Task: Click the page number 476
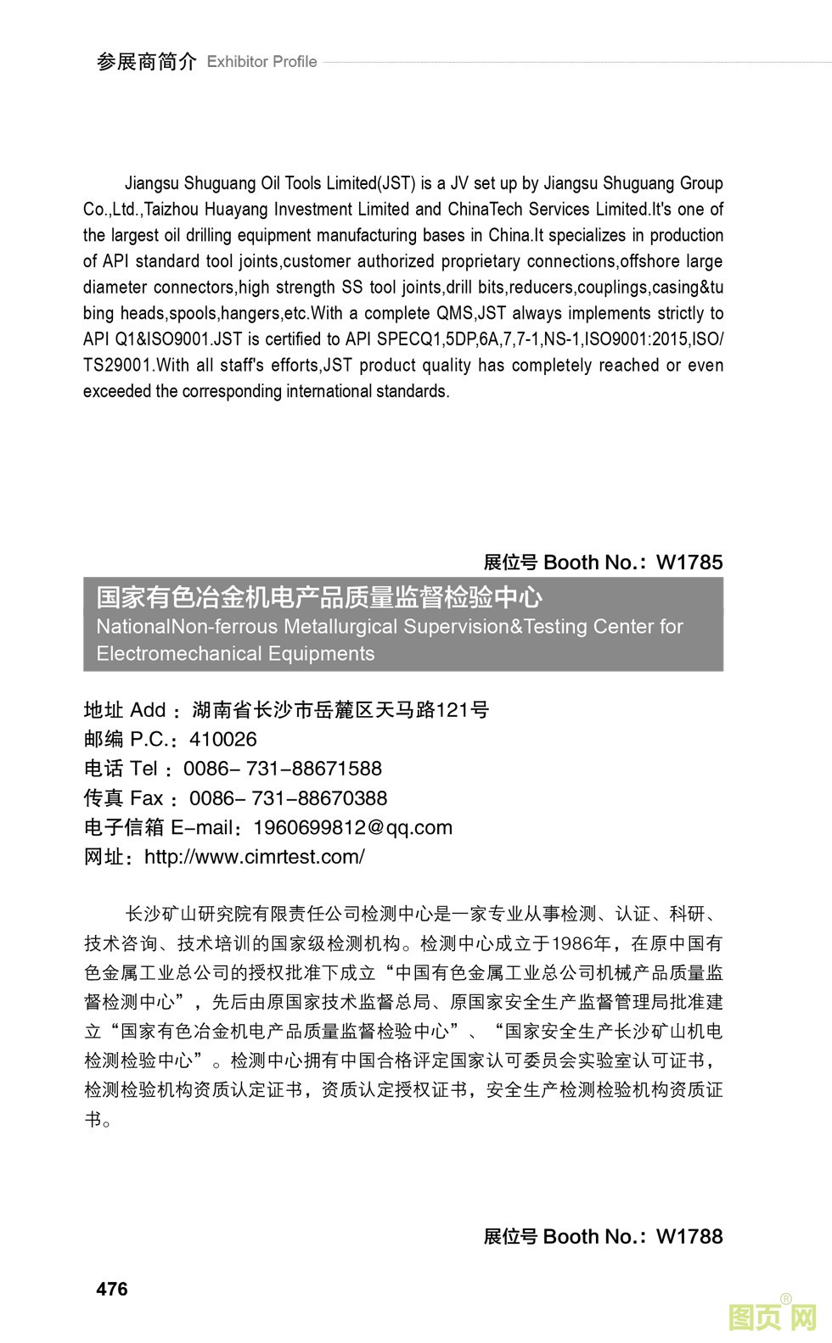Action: [x=112, y=1289]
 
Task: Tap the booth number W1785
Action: [x=689, y=562]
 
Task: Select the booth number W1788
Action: [x=689, y=1236]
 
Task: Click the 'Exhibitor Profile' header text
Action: [x=261, y=62]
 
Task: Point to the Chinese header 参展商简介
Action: [x=146, y=62]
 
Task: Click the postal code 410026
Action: [x=223, y=739]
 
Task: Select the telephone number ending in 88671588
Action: [x=283, y=769]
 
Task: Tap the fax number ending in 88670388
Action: [x=288, y=798]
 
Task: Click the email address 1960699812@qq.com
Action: [x=353, y=827]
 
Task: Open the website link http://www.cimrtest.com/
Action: [x=255, y=857]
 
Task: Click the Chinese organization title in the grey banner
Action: [x=319, y=598]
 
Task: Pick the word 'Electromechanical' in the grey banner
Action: [x=166, y=654]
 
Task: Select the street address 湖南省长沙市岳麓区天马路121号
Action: [x=340, y=710]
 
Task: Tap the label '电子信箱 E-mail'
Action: [x=158, y=827]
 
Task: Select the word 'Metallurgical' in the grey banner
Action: [x=340, y=627]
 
